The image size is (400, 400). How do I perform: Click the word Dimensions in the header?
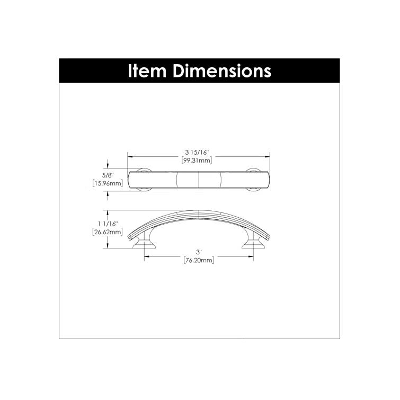223,72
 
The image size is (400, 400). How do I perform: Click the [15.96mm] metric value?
108,184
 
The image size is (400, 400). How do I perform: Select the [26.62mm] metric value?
108,232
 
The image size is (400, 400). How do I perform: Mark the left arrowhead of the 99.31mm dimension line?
130,156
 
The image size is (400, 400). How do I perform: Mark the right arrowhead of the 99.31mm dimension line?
269,156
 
